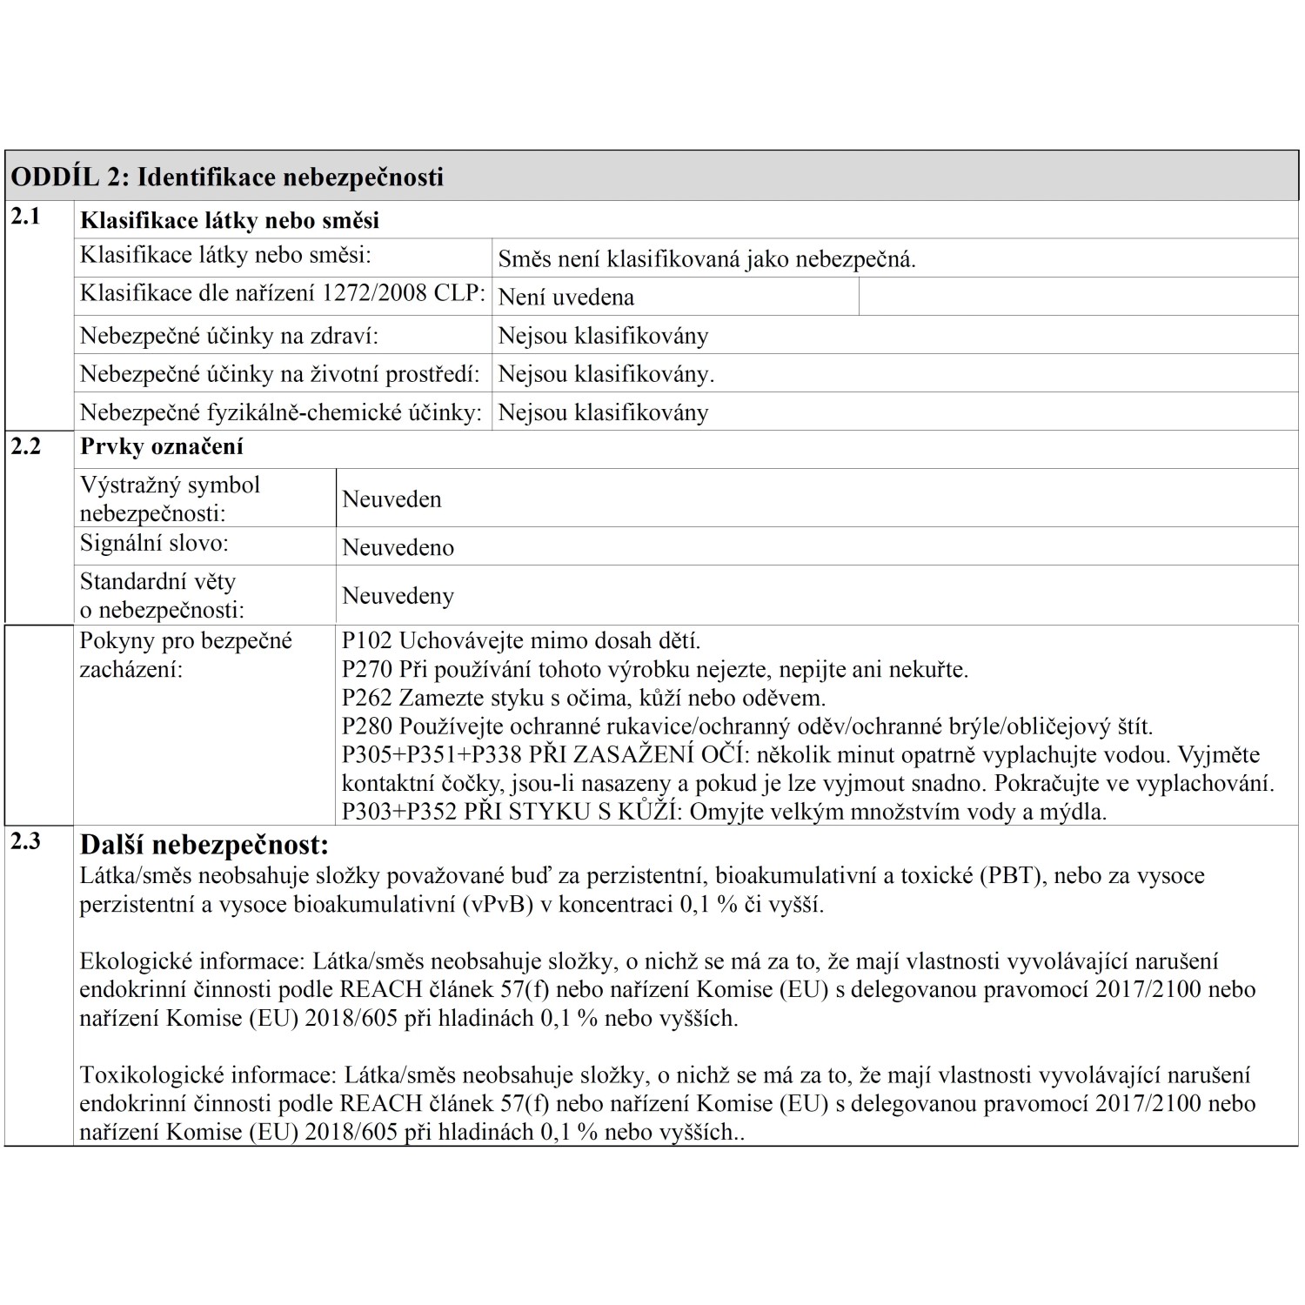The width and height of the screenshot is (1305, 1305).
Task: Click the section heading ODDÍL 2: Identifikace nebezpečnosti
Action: point(227,177)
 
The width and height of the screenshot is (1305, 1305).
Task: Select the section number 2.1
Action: point(25,217)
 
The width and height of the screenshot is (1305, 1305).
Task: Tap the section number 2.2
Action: point(25,446)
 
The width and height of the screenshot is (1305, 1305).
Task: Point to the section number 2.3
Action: point(25,841)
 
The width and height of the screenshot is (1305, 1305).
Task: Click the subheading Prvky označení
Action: point(162,447)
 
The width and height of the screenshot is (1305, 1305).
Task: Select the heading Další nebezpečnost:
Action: point(204,845)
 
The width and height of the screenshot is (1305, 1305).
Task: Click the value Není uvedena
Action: point(565,298)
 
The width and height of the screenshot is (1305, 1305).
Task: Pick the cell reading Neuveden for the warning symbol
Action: point(391,499)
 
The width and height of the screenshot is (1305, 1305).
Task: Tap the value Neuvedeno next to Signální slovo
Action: point(398,547)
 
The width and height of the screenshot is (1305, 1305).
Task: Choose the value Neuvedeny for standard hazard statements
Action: point(398,596)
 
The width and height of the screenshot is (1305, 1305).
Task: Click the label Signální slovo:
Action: point(154,544)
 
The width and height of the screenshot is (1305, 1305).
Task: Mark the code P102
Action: point(367,641)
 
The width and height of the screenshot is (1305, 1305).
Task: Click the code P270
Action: point(367,670)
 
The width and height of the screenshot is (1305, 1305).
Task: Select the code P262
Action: point(367,698)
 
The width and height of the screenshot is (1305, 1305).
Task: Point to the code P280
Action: point(367,726)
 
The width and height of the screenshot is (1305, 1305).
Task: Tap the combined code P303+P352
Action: point(399,813)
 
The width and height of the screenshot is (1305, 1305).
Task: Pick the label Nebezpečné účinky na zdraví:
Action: point(230,336)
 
